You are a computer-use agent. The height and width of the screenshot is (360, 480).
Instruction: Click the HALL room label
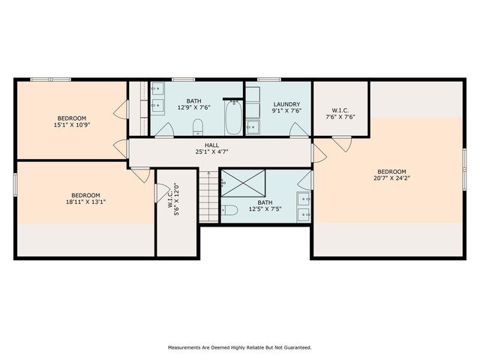tap(211, 145)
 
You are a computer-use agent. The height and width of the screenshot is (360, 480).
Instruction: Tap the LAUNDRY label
tap(286, 104)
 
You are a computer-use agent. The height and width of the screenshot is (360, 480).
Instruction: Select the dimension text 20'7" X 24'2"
tap(391, 178)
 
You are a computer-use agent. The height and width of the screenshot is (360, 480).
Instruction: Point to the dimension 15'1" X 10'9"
tap(72, 124)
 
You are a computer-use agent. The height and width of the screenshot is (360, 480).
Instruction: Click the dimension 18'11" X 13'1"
tap(85, 202)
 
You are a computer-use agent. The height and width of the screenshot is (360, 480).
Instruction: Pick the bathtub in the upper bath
tap(234, 118)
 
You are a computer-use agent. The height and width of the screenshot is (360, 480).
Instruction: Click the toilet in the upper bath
tap(198, 127)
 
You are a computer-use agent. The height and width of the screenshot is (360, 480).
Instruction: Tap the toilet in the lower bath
tap(229, 210)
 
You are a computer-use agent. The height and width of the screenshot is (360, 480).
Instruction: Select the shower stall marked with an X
tap(243, 183)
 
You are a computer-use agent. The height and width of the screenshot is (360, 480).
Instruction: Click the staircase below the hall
tap(208, 196)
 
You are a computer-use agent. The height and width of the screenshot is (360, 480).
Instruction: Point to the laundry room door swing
tap(298, 130)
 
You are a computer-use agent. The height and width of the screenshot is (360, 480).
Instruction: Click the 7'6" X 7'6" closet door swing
tap(342, 143)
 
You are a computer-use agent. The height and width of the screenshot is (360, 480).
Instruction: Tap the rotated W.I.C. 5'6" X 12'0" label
tap(173, 199)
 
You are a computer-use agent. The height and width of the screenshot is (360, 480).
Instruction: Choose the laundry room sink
tap(253, 127)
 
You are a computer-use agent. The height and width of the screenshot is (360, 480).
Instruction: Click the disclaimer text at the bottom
tap(240, 347)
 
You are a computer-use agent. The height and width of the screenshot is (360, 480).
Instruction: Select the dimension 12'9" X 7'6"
tap(194, 107)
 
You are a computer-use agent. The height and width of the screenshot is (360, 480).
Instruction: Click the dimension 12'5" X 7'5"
tap(265, 209)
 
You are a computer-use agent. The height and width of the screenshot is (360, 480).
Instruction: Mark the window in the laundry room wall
tap(269, 79)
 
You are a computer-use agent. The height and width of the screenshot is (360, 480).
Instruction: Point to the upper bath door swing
tap(164, 130)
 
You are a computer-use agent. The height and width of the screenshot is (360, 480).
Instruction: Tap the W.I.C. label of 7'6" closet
tap(340, 110)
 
